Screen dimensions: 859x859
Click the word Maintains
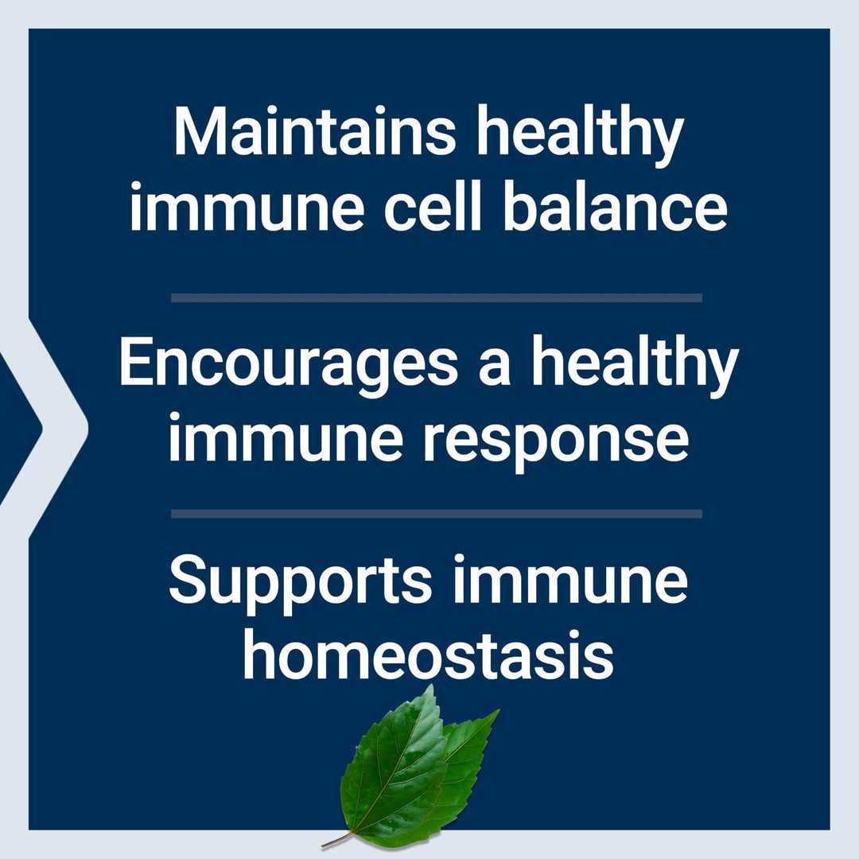tap(315, 131)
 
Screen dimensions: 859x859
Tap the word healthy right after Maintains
tap(581, 135)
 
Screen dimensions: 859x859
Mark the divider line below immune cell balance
tap(437, 297)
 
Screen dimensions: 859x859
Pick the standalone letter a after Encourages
tap(495, 369)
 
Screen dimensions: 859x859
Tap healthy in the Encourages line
tap(636, 366)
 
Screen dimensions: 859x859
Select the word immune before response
tap(286, 436)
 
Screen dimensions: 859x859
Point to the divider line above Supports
tap(437, 513)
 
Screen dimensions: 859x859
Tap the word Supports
tap(301, 584)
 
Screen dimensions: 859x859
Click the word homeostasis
tap(429, 654)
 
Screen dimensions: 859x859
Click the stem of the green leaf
tap(337, 840)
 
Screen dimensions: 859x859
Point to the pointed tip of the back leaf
tap(498, 710)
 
